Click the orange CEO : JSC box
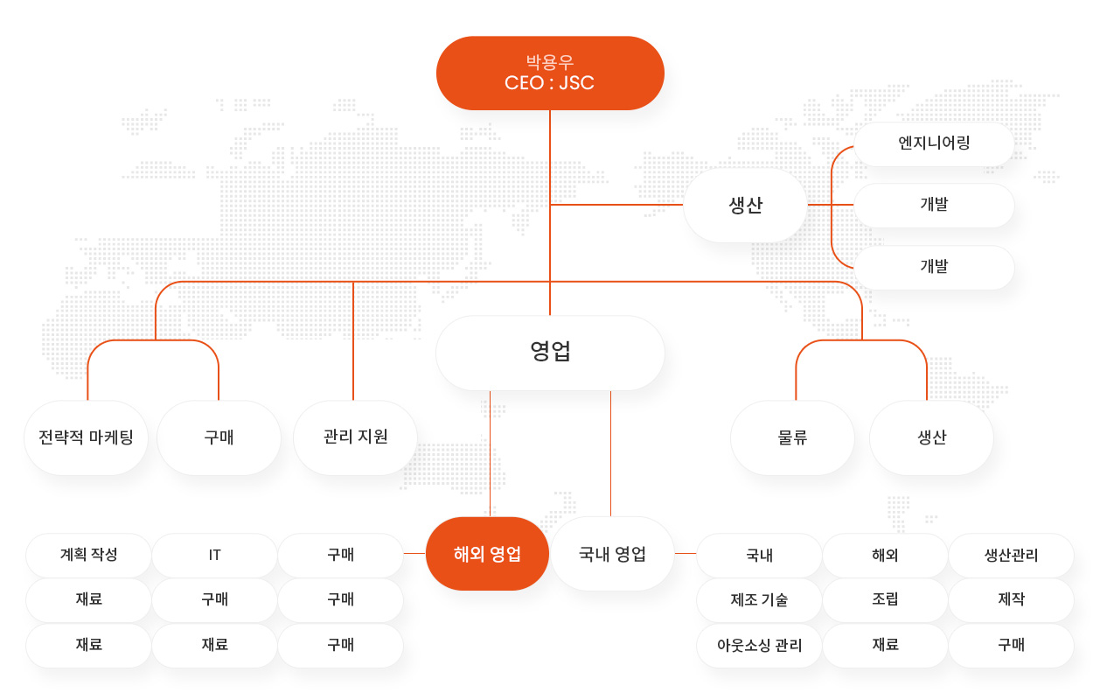[550, 73]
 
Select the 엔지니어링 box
[934, 144]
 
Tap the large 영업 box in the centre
[550, 353]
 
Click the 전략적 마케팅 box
[86, 437]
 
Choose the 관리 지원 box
[355, 437]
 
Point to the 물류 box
[792, 437]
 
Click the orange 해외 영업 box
[487, 554]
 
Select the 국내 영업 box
[612, 554]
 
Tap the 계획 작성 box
[88, 555]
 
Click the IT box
[214, 555]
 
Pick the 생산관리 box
[1011, 555]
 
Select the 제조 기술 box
[759, 599]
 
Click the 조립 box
[885, 599]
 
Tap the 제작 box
[1011, 599]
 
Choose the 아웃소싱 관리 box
[759, 645]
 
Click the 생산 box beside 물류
[931, 437]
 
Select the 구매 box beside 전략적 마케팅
[219, 437]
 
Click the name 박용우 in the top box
[550, 62]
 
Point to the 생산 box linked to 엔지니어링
[745, 205]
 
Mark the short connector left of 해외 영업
[414, 554]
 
